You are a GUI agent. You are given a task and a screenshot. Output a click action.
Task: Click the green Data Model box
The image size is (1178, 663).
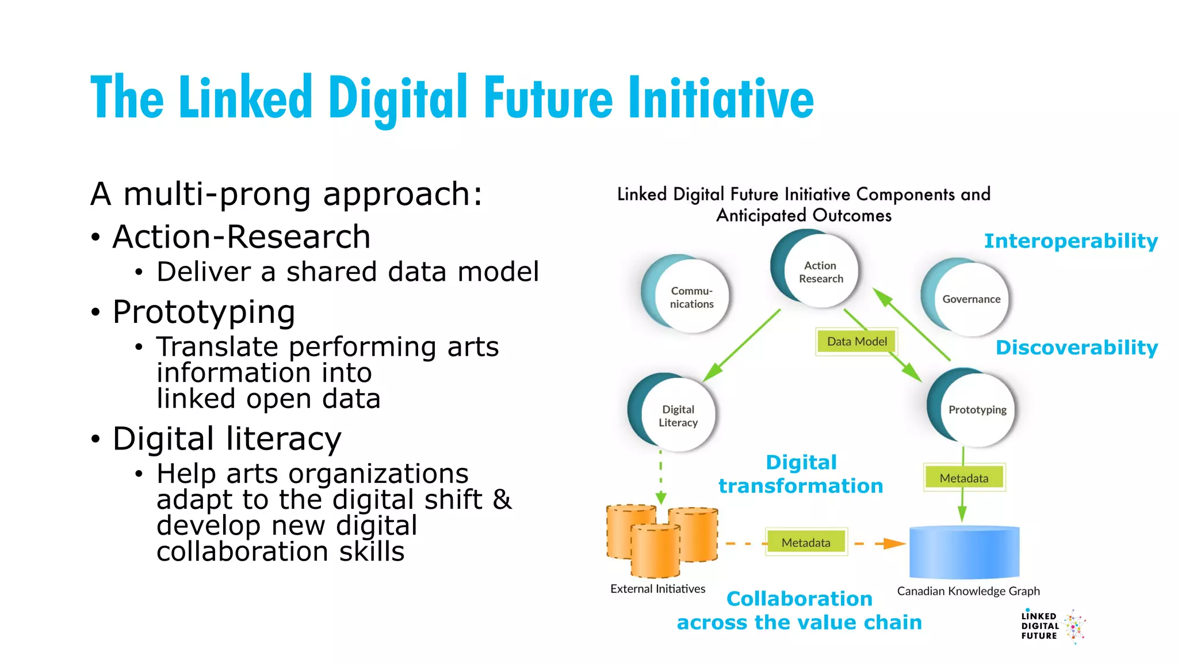(x=856, y=342)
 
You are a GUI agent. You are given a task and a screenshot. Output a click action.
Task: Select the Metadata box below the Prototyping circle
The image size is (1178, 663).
(x=964, y=478)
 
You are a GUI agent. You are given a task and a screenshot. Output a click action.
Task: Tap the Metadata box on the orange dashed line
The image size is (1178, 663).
(x=806, y=542)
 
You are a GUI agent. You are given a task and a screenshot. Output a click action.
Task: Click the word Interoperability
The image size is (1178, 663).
(x=1070, y=241)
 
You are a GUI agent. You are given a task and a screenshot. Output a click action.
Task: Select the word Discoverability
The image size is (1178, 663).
(x=1076, y=348)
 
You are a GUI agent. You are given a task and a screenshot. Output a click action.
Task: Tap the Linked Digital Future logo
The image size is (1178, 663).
(x=1052, y=626)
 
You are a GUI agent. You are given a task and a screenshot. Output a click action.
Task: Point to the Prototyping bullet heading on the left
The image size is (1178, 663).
(x=204, y=312)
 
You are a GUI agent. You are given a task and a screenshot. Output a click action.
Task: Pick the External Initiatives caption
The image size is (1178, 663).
(x=657, y=589)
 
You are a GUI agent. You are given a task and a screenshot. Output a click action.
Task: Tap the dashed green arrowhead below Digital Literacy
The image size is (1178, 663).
(x=661, y=497)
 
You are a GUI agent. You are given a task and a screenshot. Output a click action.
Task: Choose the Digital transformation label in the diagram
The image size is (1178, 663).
(x=801, y=474)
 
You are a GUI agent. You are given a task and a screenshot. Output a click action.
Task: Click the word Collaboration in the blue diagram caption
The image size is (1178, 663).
(x=799, y=599)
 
